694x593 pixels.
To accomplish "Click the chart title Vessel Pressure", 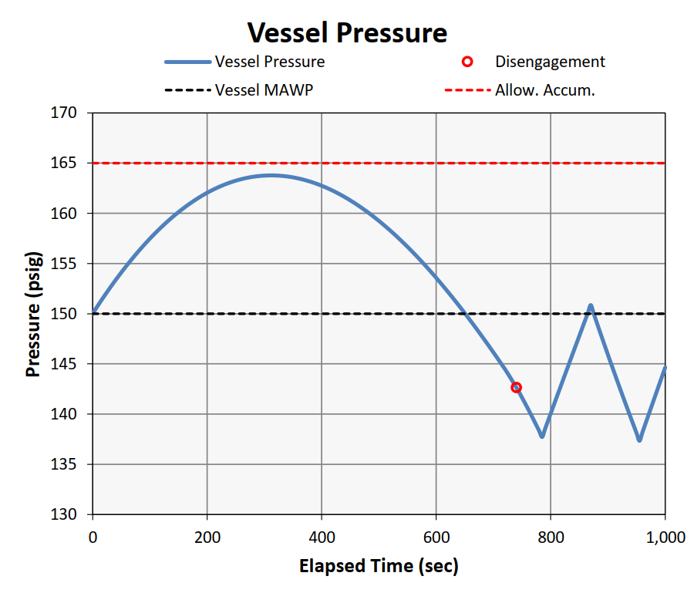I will (347, 33).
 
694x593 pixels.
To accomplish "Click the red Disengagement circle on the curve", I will (516, 387).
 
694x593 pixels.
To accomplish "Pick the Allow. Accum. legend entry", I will (544, 89).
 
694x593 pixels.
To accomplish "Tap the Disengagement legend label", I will (550, 62).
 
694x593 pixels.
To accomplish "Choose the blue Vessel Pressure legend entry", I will (269, 62).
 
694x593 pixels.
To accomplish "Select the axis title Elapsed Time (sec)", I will (379, 567).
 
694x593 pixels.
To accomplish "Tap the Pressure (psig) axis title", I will (33, 314).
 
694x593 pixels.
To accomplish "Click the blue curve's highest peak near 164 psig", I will (270, 175).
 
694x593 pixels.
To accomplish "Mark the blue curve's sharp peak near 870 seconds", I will (591, 306).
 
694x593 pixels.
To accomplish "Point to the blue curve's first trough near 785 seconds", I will (542, 436).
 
